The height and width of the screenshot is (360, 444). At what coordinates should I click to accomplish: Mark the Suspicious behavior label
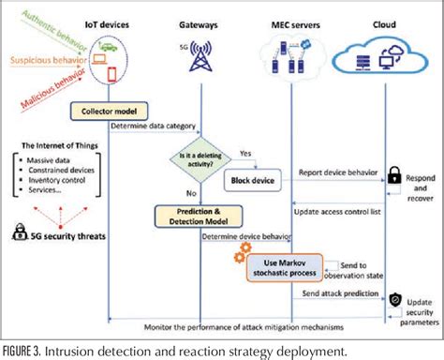(43, 61)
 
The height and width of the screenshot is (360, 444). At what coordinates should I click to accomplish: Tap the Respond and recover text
(418, 187)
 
